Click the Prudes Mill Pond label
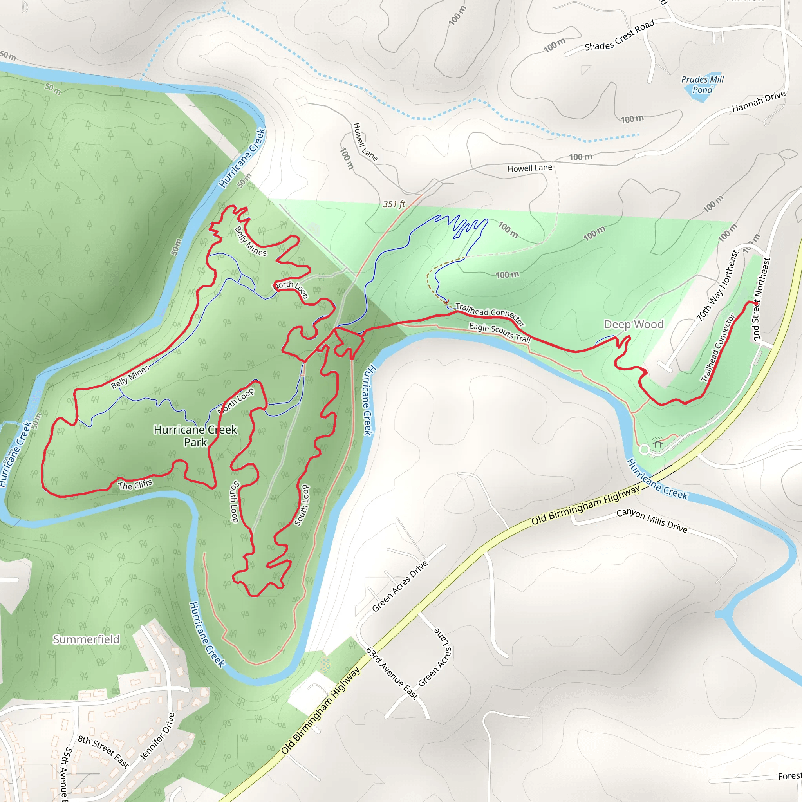(x=703, y=84)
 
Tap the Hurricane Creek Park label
(x=195, y=435)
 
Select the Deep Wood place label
(x=634, y=324)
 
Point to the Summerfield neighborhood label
(x=86, y=639)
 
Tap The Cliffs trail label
(x=135, y=484)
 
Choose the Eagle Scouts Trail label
(x=500, y=332)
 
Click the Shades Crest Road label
(x=620, y=35)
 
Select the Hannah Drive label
(x=759, y=101)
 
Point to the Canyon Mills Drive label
(x=652, y=520)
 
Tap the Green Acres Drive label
(x=399, y=586)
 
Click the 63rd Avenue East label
(x=392, y=673)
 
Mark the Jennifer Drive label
(x=157, y=737)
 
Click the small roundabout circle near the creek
(x=644, y=449)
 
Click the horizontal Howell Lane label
(x=530, y=168)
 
